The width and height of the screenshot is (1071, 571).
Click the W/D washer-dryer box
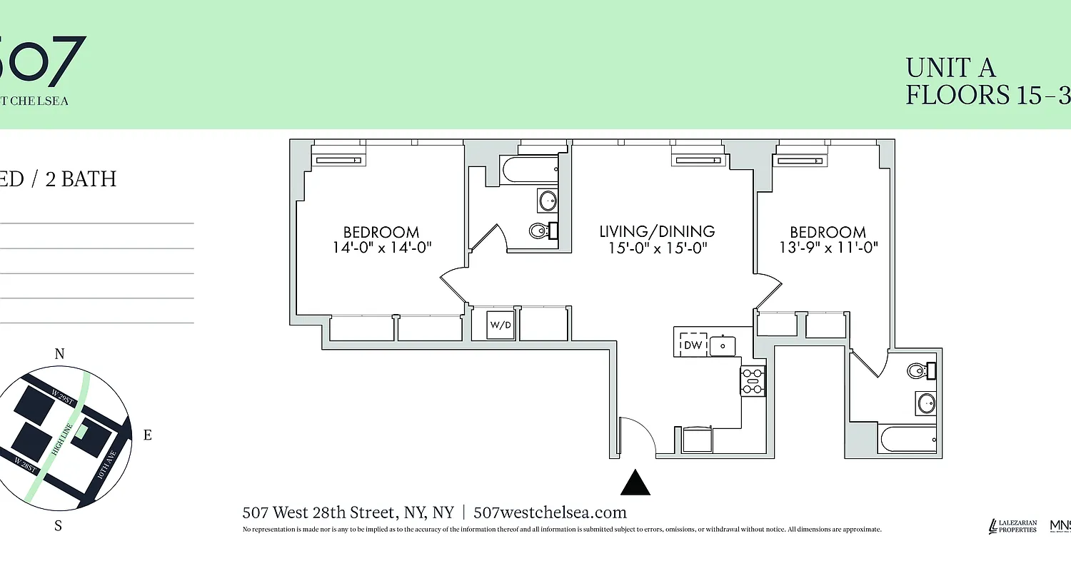501,325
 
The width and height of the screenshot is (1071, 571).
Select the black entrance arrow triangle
635,482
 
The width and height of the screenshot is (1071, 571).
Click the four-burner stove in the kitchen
753,380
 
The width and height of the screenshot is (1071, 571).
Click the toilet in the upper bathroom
540,230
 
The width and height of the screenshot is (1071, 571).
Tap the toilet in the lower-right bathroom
919,370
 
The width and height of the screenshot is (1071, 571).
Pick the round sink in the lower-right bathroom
926,403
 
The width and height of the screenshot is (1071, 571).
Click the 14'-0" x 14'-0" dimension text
381,248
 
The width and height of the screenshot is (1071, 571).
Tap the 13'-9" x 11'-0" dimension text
828,248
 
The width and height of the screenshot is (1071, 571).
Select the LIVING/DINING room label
657,231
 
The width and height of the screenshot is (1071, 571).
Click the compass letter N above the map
60,354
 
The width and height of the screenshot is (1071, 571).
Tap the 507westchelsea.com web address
550,512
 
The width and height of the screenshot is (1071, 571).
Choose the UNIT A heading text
950,68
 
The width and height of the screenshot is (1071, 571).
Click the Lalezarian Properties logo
1012,526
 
